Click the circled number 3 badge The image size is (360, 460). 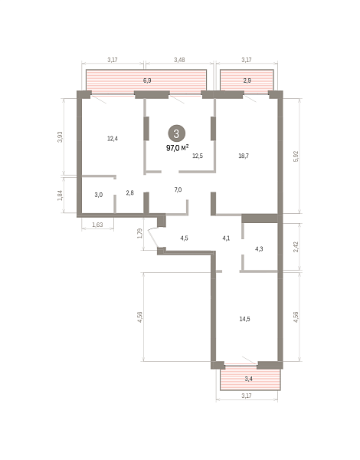176,133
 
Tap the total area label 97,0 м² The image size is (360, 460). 178,148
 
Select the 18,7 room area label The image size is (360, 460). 244,156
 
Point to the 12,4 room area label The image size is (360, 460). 113,139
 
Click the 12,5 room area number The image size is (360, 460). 198,156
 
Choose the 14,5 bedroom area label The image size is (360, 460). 245,319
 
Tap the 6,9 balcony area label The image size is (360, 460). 147,80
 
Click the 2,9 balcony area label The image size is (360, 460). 247,80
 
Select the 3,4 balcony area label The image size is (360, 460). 249,379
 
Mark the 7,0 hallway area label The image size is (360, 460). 178,189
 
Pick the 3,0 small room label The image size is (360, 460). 99,195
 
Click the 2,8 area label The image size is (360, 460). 130,192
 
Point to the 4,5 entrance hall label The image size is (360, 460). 184,238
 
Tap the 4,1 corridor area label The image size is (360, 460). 226,238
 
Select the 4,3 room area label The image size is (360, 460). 259,249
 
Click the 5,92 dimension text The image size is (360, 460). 296,156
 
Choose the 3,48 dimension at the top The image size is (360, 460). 179,60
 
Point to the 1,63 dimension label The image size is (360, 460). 97,225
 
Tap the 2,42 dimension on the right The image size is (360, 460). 296,247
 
